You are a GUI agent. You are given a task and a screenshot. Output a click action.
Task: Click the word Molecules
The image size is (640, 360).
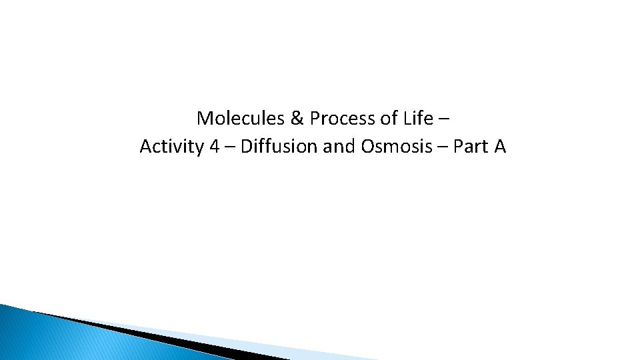241,119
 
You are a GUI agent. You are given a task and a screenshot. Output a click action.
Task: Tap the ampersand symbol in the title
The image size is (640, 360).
297,119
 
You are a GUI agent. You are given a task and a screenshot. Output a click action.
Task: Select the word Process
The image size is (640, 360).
339,119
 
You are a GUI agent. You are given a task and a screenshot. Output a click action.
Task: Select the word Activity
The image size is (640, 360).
171,147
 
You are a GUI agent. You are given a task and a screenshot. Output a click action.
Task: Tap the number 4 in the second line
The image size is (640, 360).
214,147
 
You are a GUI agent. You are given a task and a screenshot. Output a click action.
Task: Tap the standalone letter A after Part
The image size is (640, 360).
500,147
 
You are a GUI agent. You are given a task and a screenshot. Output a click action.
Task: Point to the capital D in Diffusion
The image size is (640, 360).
246,147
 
